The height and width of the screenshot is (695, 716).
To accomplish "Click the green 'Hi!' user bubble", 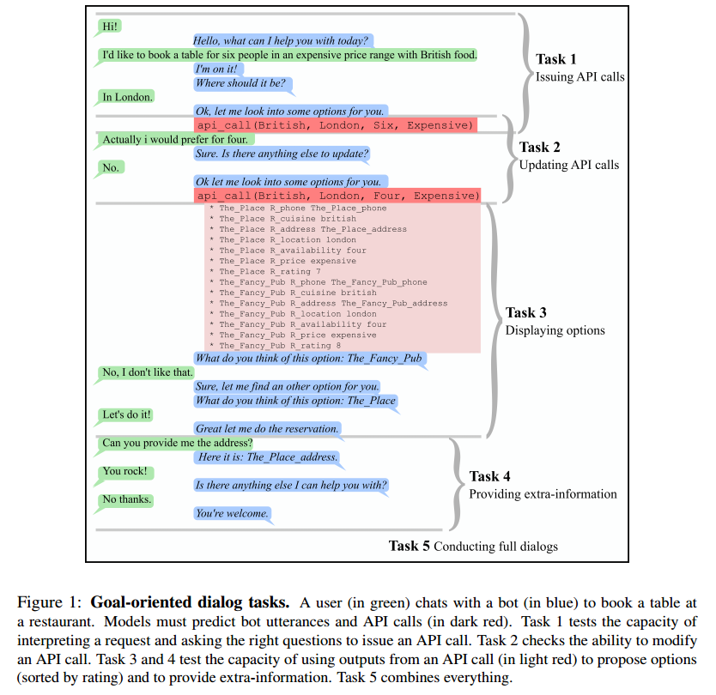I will tap(109, 27).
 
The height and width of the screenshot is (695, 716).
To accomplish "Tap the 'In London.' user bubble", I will tap(127, 97).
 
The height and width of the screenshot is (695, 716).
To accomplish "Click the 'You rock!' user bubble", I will tap(124, 471).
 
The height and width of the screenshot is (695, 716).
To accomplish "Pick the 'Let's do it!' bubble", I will tap(126, 414).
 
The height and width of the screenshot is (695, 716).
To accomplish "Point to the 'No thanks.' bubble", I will tap(126, 499).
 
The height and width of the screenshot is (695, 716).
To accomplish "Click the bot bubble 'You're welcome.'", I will tap(232, 513).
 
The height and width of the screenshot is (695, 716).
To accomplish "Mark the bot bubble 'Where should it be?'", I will tap(243, 83).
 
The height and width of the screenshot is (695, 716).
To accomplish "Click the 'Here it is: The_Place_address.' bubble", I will tap(268, 457).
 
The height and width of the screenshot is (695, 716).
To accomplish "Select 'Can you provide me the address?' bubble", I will tap(177, 443).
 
